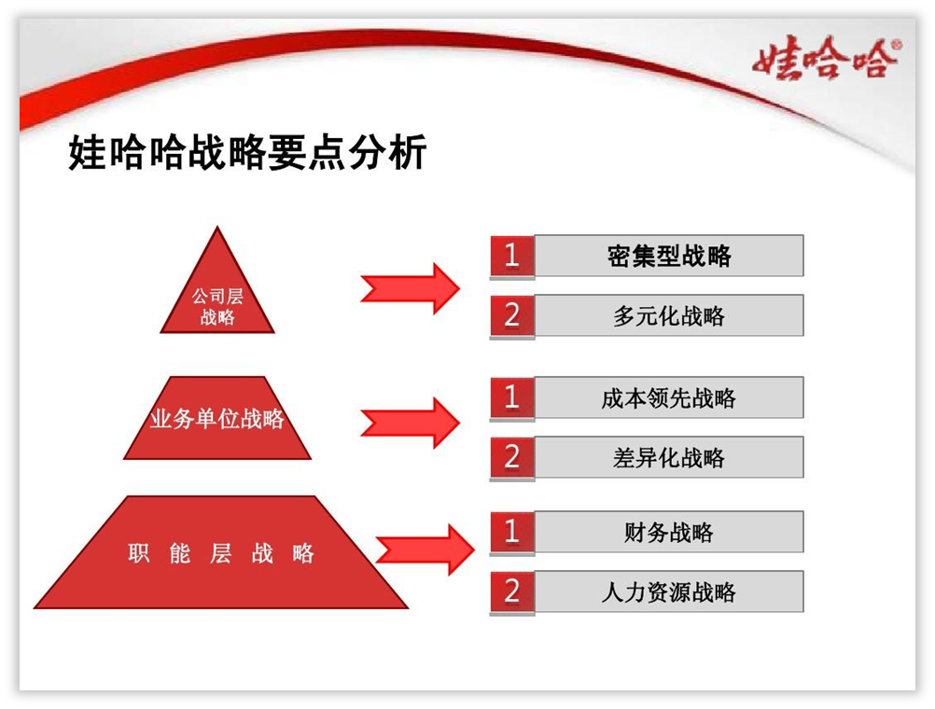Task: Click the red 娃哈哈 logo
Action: [x=826, y=57]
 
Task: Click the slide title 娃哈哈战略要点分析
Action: [x=247, y=153]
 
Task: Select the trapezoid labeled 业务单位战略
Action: [x=217, y=417]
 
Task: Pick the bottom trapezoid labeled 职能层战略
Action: [x=220, y=552]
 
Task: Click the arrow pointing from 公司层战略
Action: [x=411, y=289]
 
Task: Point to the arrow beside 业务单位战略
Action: [x=411, y=423]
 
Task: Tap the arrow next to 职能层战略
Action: [x=426, y=549]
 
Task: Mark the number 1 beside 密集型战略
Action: [x=511, y=256]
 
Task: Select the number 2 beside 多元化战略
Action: [x=511, y=315]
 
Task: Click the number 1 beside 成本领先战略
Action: [x=511, y=397]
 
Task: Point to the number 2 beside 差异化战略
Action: [x=511, y=457]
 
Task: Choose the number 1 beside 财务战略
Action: [x=511, y=532]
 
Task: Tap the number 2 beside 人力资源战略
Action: [x=511, y=591]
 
